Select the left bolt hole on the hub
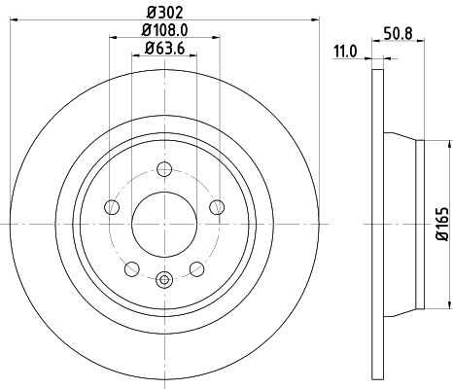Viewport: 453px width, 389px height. (x=111, y=208)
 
